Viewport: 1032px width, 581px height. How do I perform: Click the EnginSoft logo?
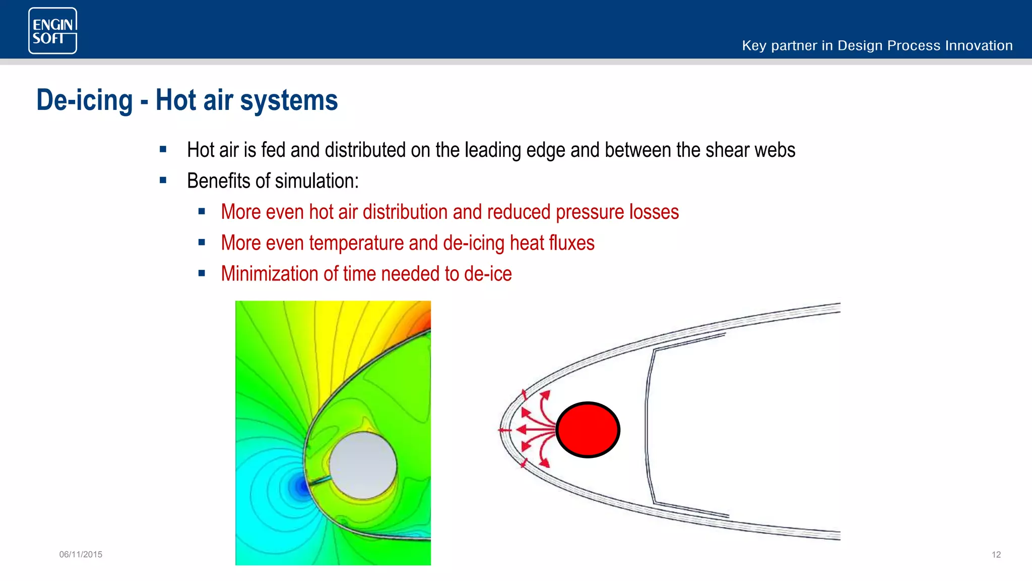53,31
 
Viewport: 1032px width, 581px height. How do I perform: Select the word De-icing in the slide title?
85,100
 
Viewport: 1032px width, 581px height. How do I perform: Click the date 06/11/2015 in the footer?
81,554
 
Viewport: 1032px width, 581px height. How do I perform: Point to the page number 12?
996,554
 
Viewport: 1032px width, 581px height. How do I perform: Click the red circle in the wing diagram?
588,430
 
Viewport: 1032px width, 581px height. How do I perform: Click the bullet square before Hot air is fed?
163,149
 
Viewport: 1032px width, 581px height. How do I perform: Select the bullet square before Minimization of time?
202,273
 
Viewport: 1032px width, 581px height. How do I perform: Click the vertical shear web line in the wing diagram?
648,429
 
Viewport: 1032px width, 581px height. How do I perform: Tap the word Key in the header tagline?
754,46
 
